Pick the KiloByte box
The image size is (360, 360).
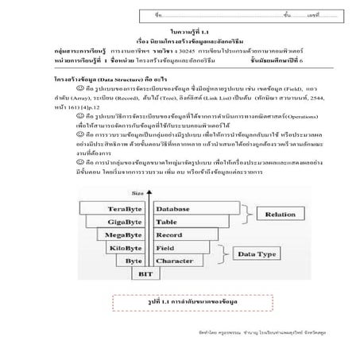[x=132, y=249]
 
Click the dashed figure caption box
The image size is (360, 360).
[x=180, y=303]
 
